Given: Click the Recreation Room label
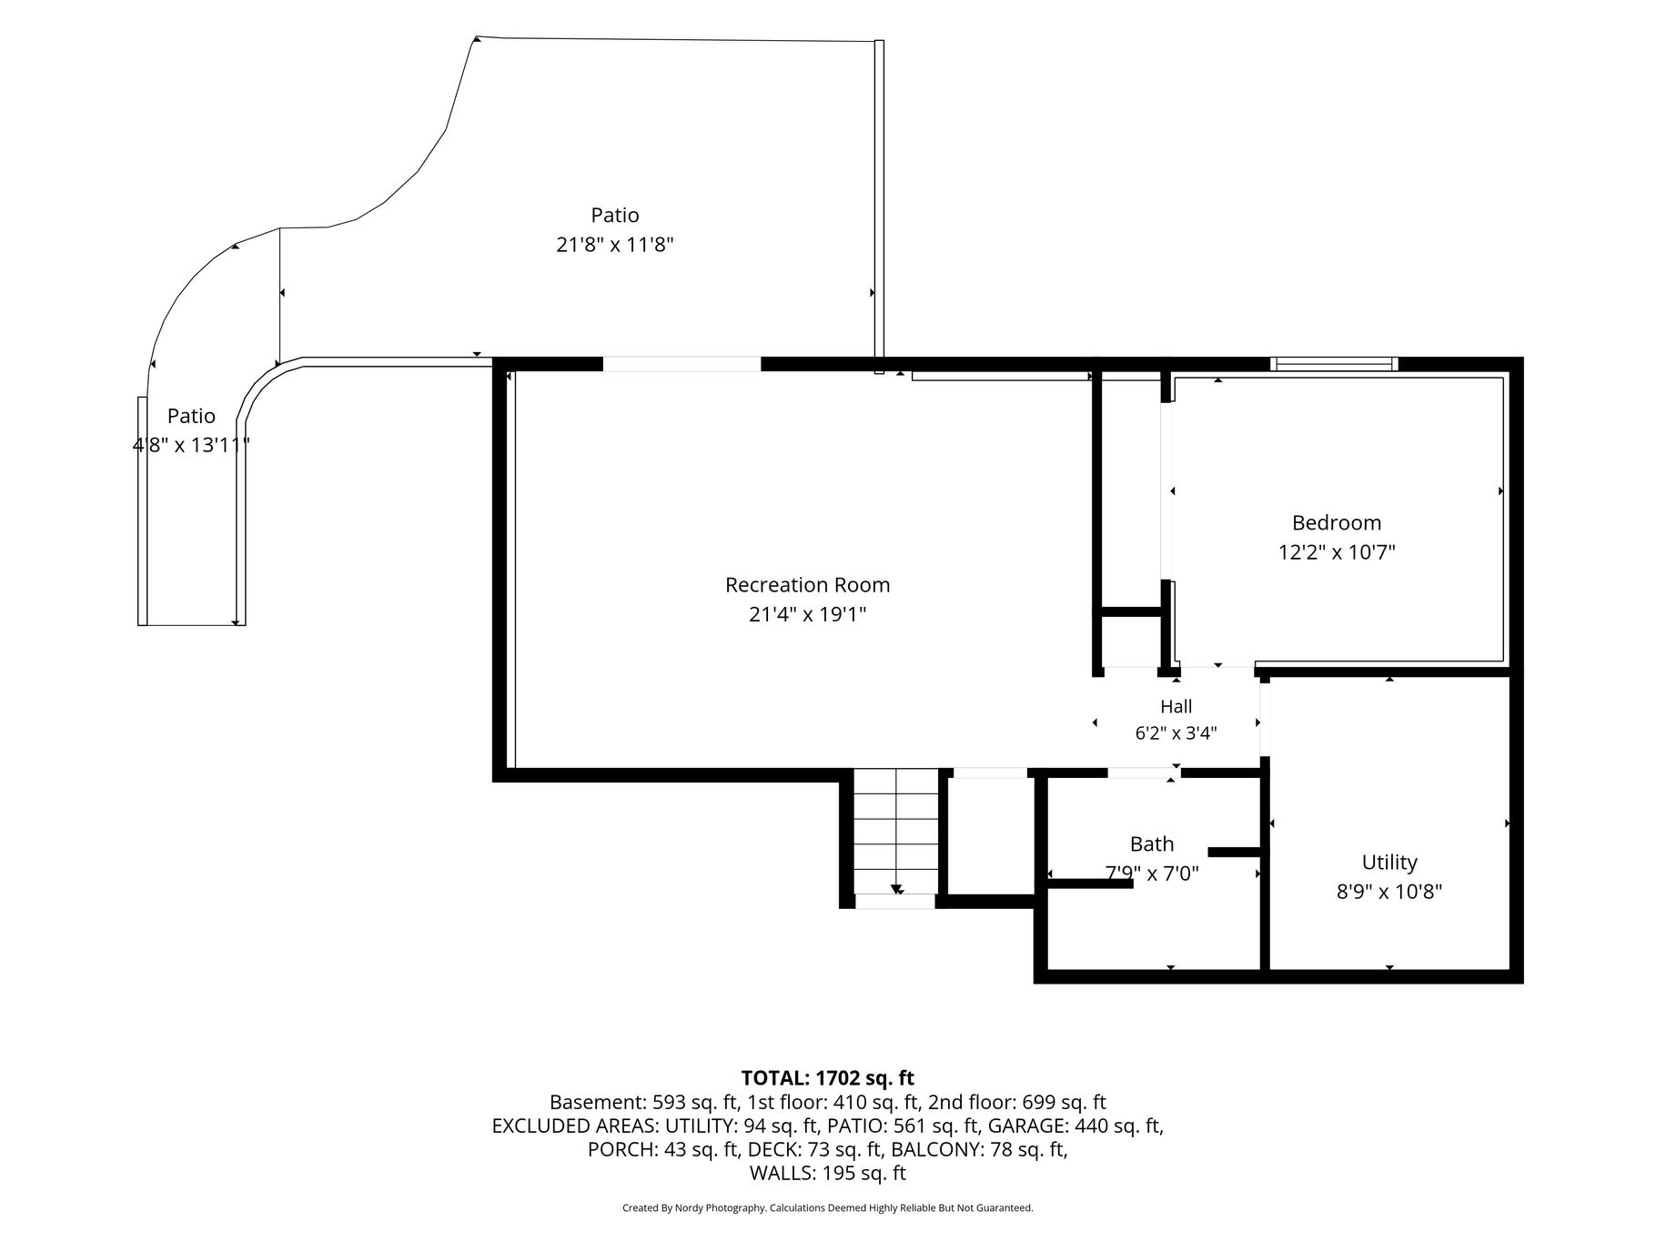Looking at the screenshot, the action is click(x=807, y=585).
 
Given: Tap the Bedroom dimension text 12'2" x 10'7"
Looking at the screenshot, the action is click(x=1337, y=552).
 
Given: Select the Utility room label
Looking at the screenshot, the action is click(x=1389, y=863).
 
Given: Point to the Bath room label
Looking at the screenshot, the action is click(x=1152, y=844).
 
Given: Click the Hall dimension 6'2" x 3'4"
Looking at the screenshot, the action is click(x=1176, y=733).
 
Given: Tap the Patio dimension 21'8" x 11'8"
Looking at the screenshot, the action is click(x=615, y=245).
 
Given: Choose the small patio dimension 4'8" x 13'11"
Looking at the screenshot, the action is click(x=191, y=445).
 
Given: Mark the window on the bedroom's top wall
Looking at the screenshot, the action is click(x=1334, y=365).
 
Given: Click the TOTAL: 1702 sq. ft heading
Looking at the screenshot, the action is click(x=828, y=1078).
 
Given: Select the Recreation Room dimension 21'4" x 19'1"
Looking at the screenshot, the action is click(x=807, y=615).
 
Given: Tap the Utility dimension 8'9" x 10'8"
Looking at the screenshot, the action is click(x=1389, y=892).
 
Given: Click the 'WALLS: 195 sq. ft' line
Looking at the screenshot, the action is click(x=828, y=1174).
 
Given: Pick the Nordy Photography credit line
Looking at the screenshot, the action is click(x=828, y=1208).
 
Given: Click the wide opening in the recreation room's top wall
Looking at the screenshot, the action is click(x=682, y=365).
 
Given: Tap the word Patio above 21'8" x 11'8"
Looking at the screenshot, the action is click(x=615, y=216).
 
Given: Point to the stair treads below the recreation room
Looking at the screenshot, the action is click(x=895, y=833).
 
